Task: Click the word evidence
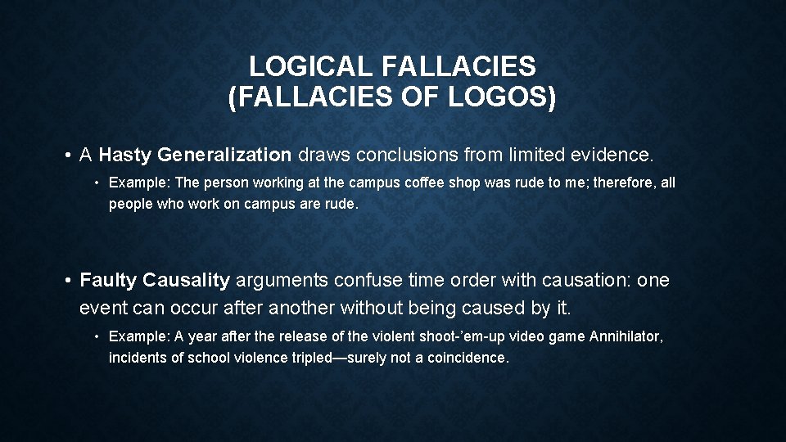pyautogui.click(x=614, y=155)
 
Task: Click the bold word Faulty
pyautogui.click(x=109, y=280)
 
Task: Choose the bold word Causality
pyautogui.click(x=187, y=280)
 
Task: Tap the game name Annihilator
pyautogui.click(x=627, y=336)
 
